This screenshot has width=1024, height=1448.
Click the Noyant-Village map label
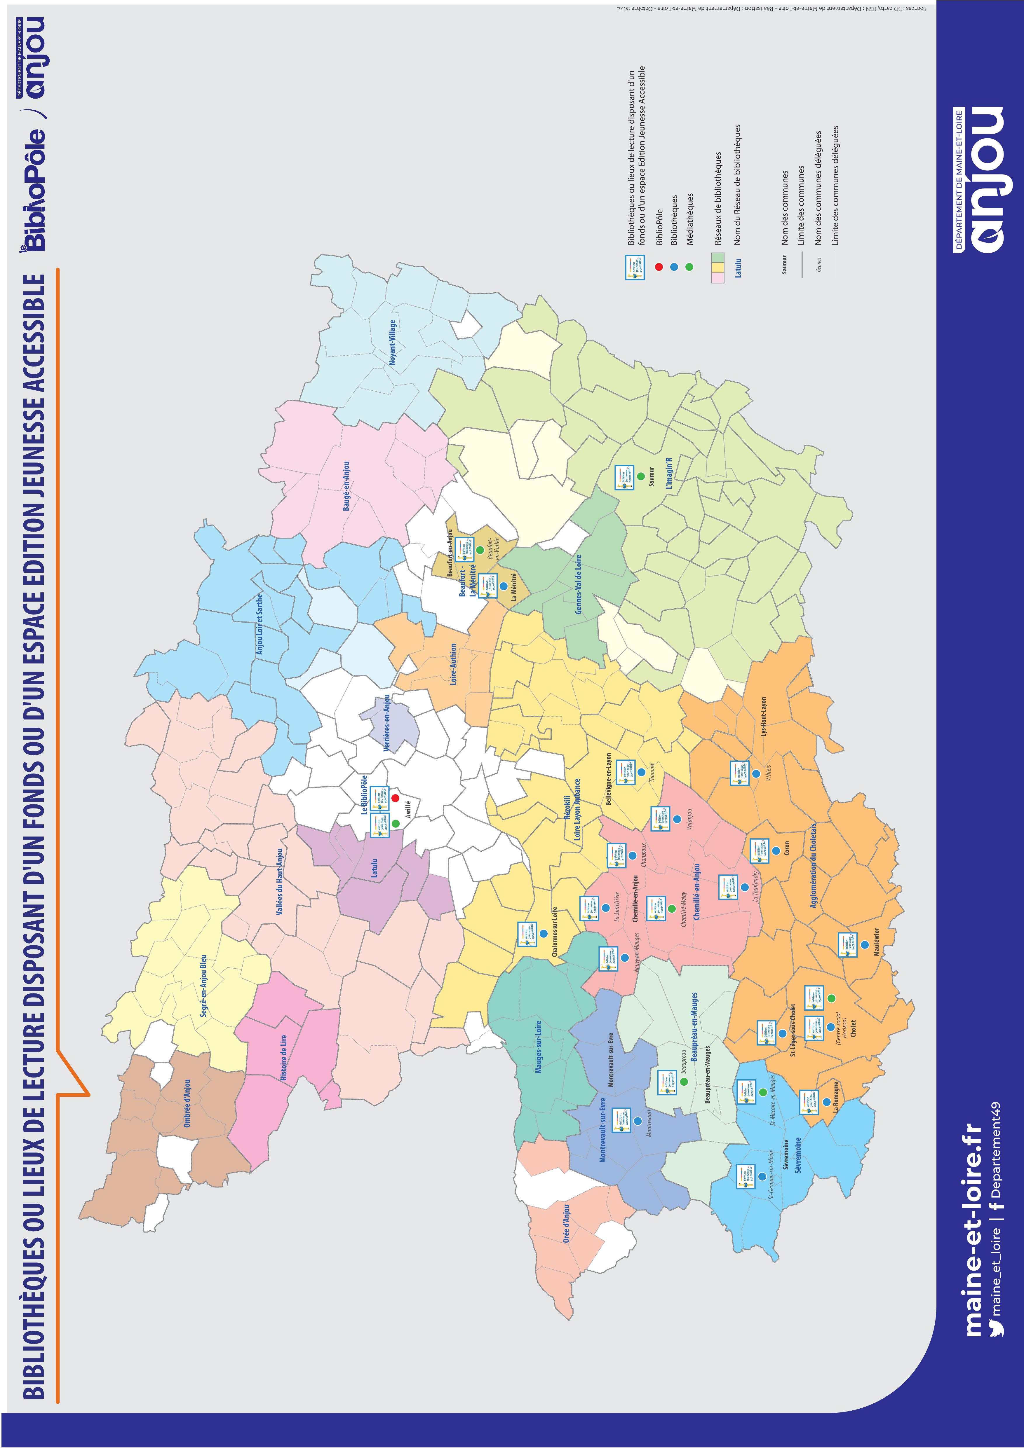392,342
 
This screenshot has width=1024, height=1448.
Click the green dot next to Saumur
640,476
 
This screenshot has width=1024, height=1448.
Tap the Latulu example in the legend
738,268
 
